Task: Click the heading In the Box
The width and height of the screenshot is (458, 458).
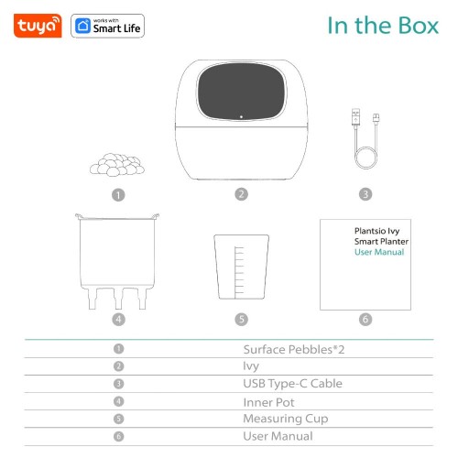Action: pyautogui.click(x=382, y=26)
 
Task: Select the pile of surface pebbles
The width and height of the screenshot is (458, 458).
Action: pyautogui.click(x=116, y=163)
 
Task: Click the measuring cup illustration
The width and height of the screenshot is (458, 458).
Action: pyautogui.click(x=240, y=267)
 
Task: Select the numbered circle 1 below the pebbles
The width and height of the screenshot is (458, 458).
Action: pyautogui.click(x=117, y=194)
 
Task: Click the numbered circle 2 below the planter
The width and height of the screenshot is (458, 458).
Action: pyautogui.click(x=241, y=194)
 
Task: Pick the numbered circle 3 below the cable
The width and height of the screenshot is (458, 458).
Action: pyautogui.click(x=365, y=194)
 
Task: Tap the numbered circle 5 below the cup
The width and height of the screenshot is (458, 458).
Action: pyautogui.click(x=241, y=320)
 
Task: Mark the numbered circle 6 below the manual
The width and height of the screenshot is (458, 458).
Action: pyautogui.click(x=365, y=320)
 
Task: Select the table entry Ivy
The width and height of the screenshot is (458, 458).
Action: pyautogui.click(x=251, y=365)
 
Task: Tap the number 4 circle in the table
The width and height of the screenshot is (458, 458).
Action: pyautogui.click(x=119, y=401)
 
